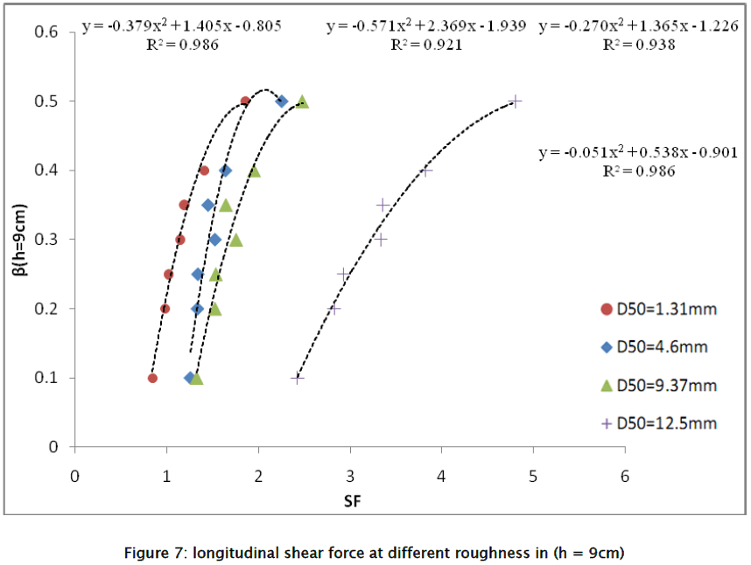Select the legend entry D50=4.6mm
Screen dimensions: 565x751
tap(657, 346)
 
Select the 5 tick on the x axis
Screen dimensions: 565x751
tap(533, 477)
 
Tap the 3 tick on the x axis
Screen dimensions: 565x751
tap(350, 477)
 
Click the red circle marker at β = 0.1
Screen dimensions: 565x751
tap(152, 378)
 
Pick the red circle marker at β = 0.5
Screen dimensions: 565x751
tap(245, 101)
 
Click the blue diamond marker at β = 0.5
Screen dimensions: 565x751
tap(282, 101)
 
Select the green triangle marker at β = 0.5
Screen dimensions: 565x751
tap(303, 101)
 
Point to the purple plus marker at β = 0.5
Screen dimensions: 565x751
tap(516, 101)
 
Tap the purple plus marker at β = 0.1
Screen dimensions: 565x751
tap(297, 378)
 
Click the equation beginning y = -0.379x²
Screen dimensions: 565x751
tap(182, 26)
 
